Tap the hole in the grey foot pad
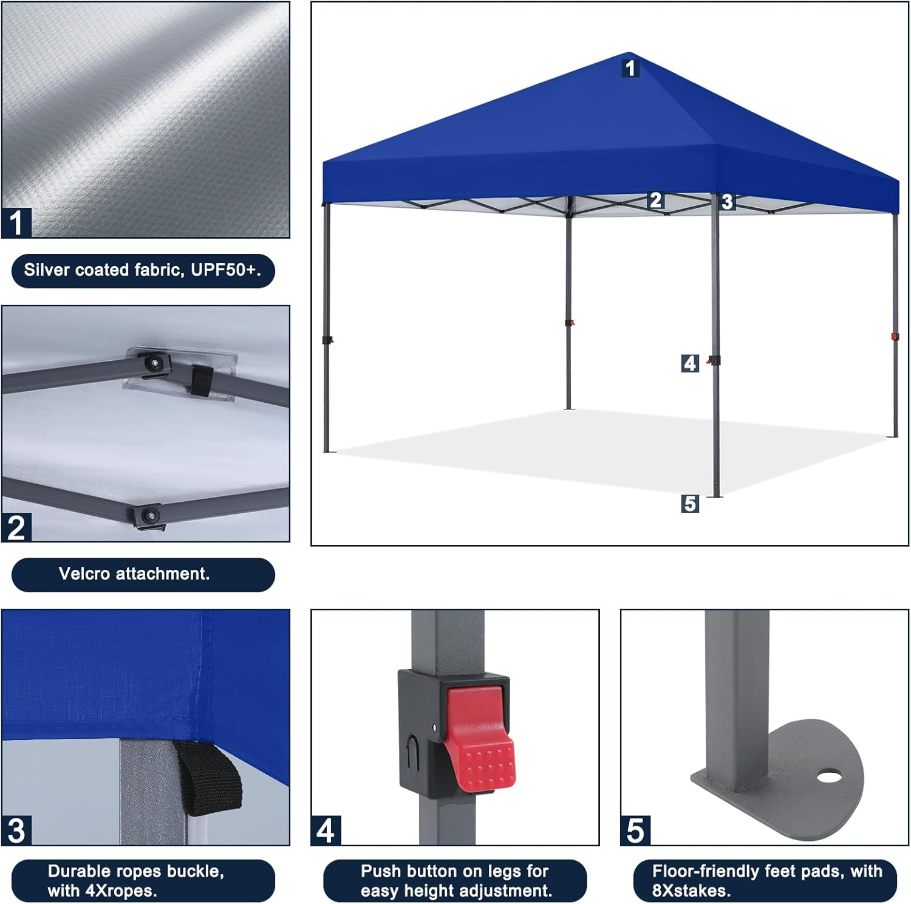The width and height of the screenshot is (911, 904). [828, 776]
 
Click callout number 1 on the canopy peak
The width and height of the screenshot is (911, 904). [630, 67]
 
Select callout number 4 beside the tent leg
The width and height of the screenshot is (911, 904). [690, 363]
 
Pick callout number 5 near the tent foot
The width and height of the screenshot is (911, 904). [690, 504]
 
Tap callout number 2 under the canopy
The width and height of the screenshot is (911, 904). [655, 200]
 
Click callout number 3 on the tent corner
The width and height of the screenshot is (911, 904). [728, 202]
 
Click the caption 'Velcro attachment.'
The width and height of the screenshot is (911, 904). [134, 574]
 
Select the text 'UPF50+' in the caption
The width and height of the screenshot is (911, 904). [223, 270]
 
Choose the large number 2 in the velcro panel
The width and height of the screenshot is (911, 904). [16, 527]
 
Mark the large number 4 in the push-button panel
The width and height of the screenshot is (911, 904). [326, 830]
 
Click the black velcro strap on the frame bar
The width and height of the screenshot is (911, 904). [201, 380]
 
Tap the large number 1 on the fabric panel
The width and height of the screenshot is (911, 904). [16, 222]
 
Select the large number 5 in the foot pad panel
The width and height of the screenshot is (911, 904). [635, 830]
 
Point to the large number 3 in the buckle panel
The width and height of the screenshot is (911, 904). [16, 830]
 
